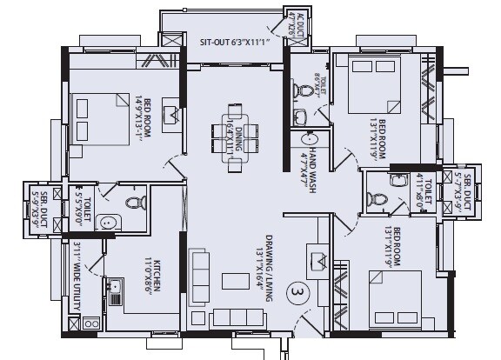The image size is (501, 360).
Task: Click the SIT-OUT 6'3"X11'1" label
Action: [234, 41]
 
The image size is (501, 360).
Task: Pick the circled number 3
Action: [298, 293]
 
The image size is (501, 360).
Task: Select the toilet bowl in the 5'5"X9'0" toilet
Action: [133, 203]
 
